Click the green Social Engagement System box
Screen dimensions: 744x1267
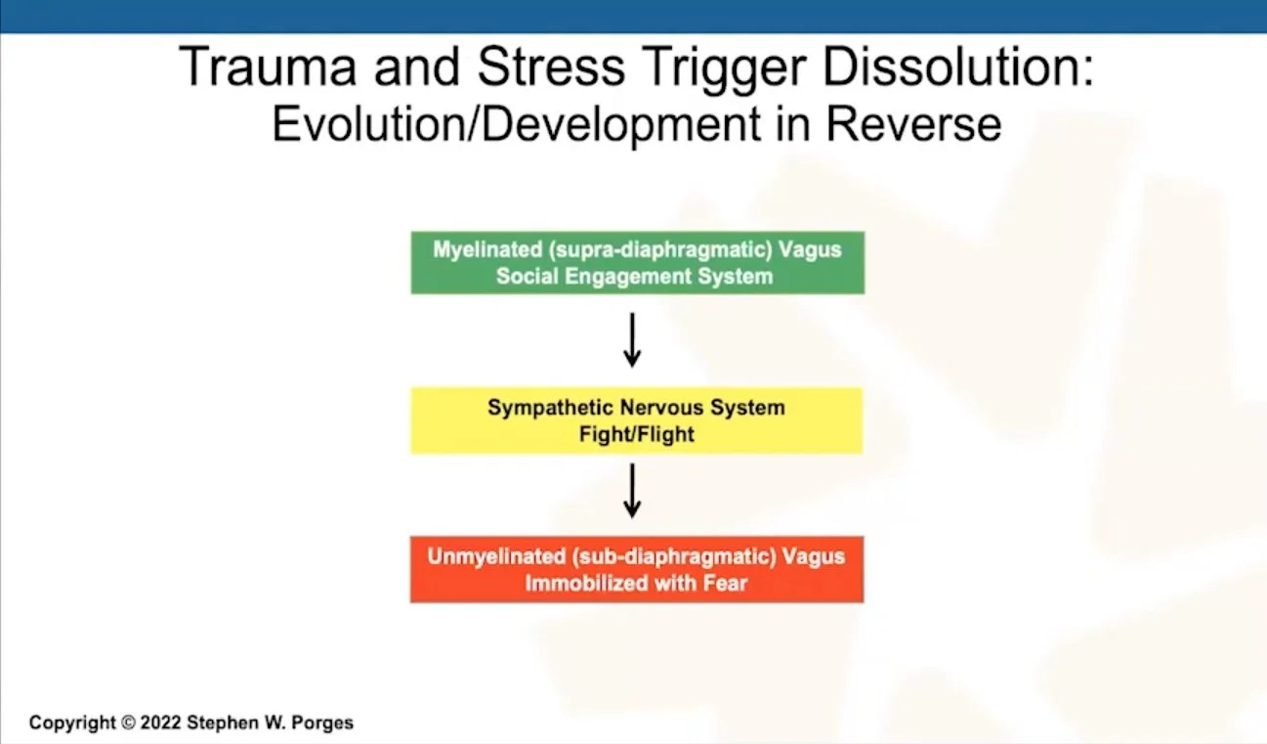[637, 262]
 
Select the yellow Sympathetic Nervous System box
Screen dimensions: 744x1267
[636, 420]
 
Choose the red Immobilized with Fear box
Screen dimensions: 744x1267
[636, 569]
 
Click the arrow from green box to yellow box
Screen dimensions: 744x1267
[632, 339]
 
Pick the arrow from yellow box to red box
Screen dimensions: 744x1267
[632, 491]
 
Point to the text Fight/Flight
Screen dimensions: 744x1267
[636, 434]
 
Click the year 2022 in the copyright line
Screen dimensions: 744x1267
[161, 723]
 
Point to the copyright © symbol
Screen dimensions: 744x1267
[127, 723]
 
